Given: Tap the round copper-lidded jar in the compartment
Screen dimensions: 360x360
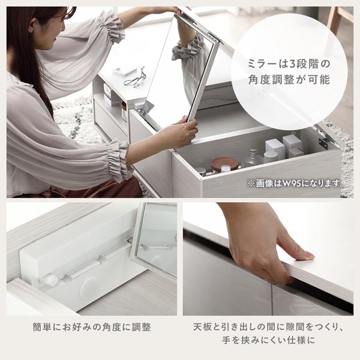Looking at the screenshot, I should coord(225,164).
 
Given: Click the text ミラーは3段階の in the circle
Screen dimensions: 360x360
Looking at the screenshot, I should coord(289,62).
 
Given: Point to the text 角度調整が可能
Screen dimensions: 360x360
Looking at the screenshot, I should coord(289,79).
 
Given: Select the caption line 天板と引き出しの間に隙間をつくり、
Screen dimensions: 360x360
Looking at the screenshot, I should coord(268,328).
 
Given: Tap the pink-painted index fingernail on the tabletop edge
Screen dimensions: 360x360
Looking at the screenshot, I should coord(308,254).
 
